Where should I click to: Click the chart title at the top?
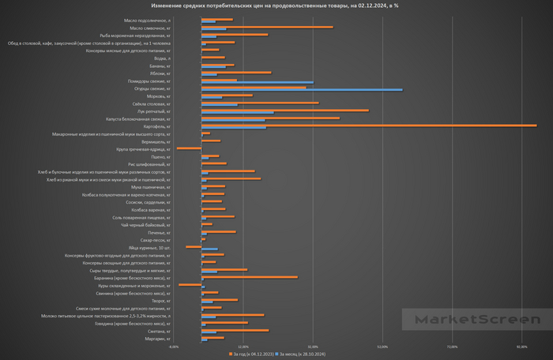[x=276, y=6]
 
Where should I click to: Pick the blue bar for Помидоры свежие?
[x=258, y=82]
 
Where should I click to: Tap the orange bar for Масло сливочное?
[x=267, y=27]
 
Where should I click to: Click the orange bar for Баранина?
[x=250, y=277]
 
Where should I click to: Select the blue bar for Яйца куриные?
[x=209, y=249]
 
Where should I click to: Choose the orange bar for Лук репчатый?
[x=274, y=111]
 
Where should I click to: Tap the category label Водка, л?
[x=163, y=58]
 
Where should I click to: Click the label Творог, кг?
[x=161, y=301]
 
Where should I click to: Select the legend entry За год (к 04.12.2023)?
[x=254, y=355]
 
